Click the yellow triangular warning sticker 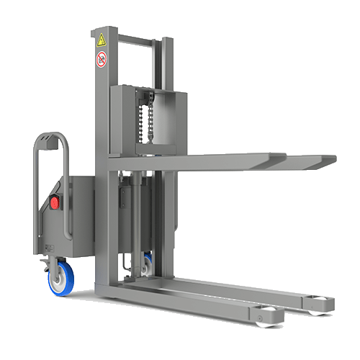pyautogui.click(x=102, y=40)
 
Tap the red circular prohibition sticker pyautogui.click(x=101, y=59)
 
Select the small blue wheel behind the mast pyautogui.click(x=147, y=264)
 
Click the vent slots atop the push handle pyautogui.click(x=48, y=144)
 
